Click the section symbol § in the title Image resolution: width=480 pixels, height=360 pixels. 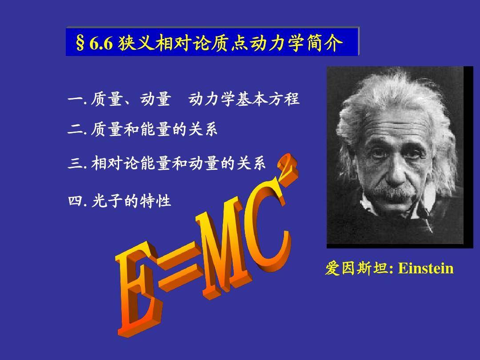point(80,43)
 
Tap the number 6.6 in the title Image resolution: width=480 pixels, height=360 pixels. point(101,43)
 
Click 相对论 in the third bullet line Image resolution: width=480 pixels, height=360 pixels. point(115,163)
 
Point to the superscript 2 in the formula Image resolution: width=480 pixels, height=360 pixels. point(288,170)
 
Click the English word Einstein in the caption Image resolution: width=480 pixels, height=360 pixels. point(426,268)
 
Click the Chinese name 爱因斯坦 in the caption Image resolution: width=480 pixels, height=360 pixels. point(356,268)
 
